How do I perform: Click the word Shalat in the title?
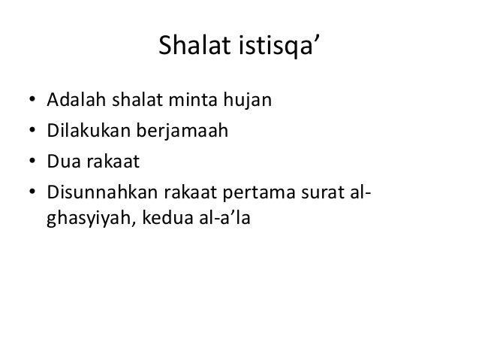click(x=190, y=50)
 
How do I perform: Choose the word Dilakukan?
click(x=88, y=132)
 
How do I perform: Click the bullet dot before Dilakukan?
click(x=31, y=133)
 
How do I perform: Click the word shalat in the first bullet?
click(x=137, y=100)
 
